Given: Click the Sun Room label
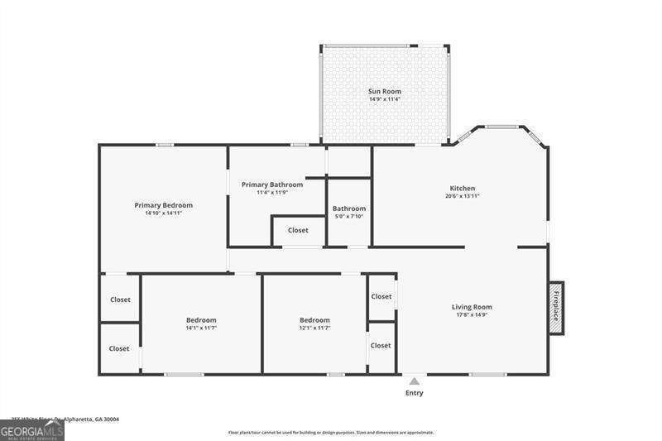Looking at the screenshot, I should click(385, 90).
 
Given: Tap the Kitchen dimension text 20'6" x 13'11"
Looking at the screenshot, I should click(462, 196).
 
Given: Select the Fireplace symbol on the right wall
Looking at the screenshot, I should click(556, 308).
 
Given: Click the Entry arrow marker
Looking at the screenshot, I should click(414, 381).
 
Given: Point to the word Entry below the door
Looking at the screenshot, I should click(414, 393).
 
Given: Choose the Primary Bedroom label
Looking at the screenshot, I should click(163, 205).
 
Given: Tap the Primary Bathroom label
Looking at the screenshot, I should click(272, 185).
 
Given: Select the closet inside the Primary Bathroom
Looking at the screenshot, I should click(298, 230).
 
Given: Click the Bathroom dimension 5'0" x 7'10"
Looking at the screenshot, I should click(348, 217).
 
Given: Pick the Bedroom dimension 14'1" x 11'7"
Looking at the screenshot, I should click(200, 328).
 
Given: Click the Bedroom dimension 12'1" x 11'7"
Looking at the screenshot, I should click(314, 328).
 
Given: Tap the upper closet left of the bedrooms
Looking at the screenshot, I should click(120, 300).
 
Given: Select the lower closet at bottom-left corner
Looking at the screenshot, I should click(119, 348).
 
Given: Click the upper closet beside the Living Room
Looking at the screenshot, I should click(381, 296).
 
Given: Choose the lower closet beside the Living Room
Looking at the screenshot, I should click(381, 346).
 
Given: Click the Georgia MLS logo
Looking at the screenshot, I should click(32, 431).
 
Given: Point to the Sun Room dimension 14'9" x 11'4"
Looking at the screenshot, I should click(385, 99).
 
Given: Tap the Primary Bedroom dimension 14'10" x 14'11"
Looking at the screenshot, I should click(163, 213).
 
